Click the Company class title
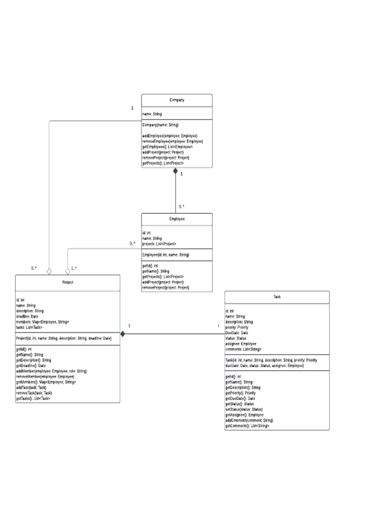(x=176, y=100)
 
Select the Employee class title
(x=176, y=219)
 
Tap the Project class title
(x=68, y=283)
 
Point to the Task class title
(x=277, y=297)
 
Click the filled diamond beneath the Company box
(x=176, y=171)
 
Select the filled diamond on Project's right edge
(x=123, y=334)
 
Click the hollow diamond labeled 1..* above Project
(x=68, y=271)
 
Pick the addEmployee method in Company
(x=170, y=136)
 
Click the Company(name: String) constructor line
(x=160, y=125)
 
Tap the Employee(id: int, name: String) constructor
(x=166, y=255)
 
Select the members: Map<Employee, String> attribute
(x=43, y=322)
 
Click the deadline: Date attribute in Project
(x=28, y=316)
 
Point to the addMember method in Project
(x=52, y=371)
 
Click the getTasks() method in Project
(x=33, y=398)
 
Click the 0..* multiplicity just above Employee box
(x=181, y=206)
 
